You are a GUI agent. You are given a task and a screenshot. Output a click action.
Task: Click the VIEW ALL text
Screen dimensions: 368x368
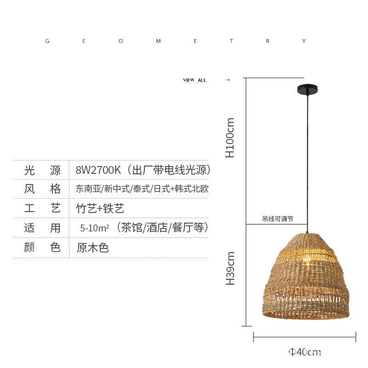[x=195, y=80]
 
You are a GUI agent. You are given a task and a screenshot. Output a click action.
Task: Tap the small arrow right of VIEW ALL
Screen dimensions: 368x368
[x=227, y=80]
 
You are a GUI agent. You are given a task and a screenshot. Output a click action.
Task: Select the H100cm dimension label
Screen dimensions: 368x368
[x=230, y=138]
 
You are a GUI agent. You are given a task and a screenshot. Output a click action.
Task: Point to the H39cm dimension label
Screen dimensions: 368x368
[x=230, y=268]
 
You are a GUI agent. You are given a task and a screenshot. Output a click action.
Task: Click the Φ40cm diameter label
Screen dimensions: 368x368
[x=305, y=352]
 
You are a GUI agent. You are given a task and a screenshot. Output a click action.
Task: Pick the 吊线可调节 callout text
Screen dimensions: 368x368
[x=277, y=219]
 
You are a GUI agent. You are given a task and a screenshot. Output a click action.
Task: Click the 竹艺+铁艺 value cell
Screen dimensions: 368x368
[x=100, y=208]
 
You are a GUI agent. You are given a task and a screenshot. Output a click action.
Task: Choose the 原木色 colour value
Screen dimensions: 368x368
[x=92, y=247]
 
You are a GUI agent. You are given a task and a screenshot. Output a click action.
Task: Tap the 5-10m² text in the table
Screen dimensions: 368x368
[x=94, y=228]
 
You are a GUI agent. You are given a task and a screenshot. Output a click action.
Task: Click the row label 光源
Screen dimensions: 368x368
[x=42, y=170]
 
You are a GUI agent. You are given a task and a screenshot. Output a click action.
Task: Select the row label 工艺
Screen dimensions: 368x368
[x=42, y=208]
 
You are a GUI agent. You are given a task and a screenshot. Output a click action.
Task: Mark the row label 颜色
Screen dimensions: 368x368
[x=42, y=247]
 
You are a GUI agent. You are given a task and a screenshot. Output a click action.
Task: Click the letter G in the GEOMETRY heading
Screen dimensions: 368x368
[x=47, y=41]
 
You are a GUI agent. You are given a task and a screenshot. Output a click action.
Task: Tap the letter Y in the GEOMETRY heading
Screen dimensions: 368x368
[x=304, y=41]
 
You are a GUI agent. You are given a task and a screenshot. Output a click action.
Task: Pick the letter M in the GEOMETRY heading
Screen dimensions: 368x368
[x=158, y=41]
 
